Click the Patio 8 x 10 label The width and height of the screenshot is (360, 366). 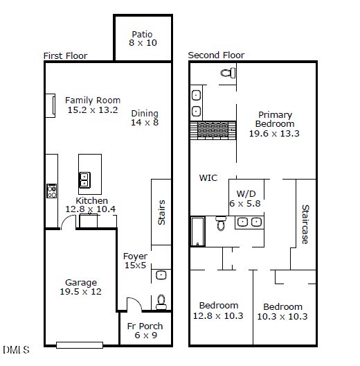click(x=143, y=38)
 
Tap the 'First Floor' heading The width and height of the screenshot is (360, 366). click(x=66, y=55)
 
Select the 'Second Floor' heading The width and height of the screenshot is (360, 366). click(x=216, y=55)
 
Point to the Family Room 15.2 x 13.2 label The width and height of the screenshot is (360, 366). click(x=93, y=105)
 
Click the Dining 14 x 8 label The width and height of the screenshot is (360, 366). click(x=145, y=118)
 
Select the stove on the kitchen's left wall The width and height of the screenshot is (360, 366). click(x=51, y=191)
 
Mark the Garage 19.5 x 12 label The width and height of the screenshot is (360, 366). click(x=81, y=287)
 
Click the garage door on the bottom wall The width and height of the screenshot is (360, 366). click(x=79, y=345)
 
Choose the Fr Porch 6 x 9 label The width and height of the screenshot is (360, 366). click(x=145, y=331)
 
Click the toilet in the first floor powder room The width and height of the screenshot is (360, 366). click(x=161, y=300)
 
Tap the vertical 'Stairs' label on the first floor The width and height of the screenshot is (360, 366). click(x=162, y=212)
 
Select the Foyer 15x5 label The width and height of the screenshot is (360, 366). click(x=135, y=261)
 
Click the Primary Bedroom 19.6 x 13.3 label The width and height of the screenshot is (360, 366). click(x=274, y=124)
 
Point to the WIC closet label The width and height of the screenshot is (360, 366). click(x=208, y=178)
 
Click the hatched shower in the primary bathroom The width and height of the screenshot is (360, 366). click(x=214, y=130)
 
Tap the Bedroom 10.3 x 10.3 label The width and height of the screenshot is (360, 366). click(x=282, y=311)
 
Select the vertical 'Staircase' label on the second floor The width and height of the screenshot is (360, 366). click(x=305, y=223)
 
